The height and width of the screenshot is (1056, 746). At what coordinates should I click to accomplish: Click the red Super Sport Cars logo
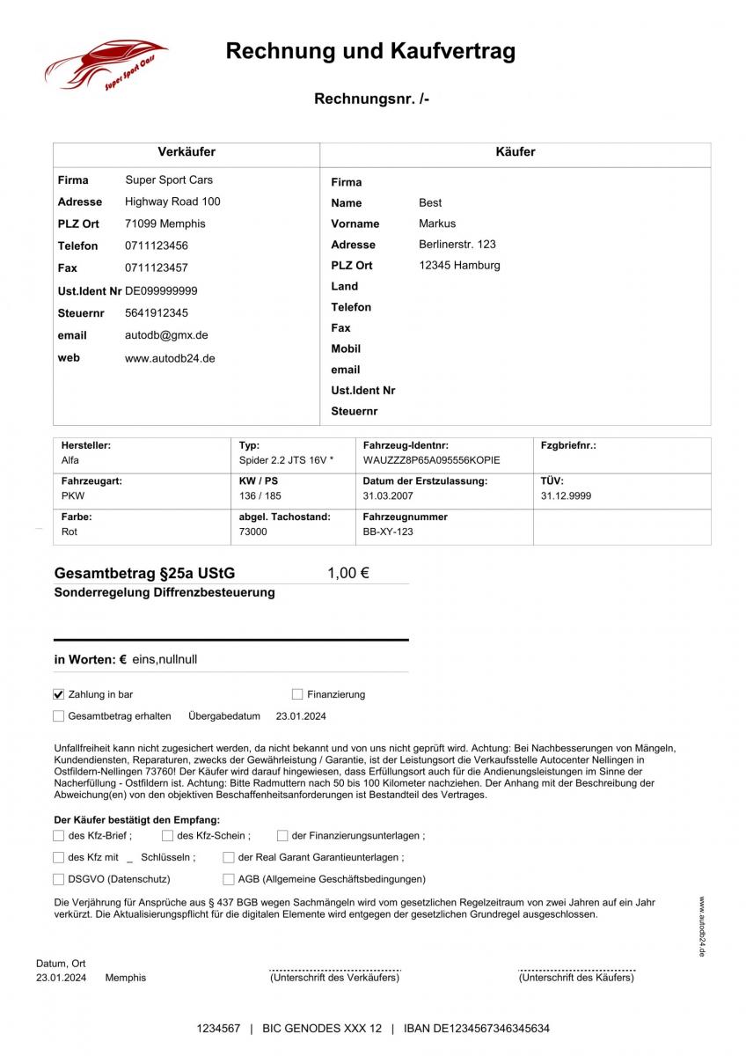coord(106,64)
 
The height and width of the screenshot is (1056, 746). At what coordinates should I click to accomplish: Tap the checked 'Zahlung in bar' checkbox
coord(59,694)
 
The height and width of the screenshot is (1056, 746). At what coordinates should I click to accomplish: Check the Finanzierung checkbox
coord(297,694)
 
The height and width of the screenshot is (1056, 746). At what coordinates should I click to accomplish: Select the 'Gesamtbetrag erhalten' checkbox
coord(59,716)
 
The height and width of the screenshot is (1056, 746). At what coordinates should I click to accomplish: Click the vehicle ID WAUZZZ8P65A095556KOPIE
coord(431,460)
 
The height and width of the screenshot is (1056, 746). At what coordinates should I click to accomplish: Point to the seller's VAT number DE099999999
coord(161,290)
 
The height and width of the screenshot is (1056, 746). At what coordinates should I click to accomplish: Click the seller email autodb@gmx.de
coord(166,335)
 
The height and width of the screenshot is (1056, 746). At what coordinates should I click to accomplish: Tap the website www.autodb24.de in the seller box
coord(170,358)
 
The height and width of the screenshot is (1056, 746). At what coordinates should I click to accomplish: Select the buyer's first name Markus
coord(437,224)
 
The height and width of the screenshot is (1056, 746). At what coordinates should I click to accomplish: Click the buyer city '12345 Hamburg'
coord(459,265)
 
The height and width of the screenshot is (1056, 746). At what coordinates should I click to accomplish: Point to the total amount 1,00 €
coord(347,573)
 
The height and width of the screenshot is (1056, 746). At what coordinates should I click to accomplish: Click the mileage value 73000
coord(253,532)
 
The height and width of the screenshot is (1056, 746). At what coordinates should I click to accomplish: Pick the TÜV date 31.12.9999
coord(566,495)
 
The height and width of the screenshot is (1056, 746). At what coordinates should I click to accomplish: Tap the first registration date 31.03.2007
coord(388,495)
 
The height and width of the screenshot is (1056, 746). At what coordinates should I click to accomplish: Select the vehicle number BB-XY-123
coord(388,532)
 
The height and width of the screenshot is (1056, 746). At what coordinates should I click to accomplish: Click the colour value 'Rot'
coord(69,532)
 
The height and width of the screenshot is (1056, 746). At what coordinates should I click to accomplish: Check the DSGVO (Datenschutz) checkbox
coord(59,878)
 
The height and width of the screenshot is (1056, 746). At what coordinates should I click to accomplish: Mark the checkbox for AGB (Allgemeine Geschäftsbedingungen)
coord(230,878)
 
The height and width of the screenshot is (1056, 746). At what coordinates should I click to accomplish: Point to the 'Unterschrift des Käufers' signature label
coord(576,978)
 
